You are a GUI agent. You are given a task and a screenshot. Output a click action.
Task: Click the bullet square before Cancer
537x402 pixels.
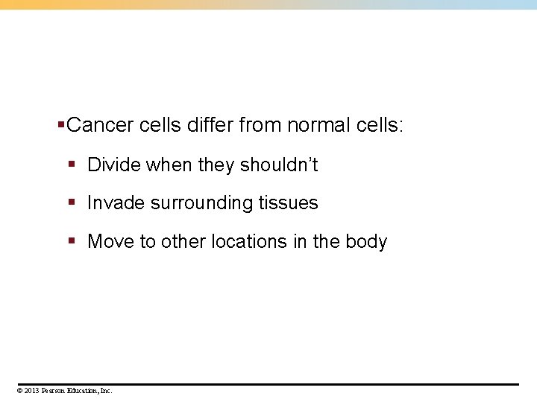pos(61,124)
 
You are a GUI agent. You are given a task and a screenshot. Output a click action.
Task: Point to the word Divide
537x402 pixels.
pos(114,165)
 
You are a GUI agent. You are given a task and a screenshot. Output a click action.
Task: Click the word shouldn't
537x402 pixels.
pos(279,165)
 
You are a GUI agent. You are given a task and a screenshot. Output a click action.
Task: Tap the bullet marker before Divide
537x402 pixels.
pos(72,164)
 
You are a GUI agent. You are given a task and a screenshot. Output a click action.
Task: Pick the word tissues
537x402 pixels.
pos(288,203)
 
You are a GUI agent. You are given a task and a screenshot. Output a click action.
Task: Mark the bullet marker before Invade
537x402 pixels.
pos(72,202)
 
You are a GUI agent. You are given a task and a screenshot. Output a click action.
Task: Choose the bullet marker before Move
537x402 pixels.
pos(72,241)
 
